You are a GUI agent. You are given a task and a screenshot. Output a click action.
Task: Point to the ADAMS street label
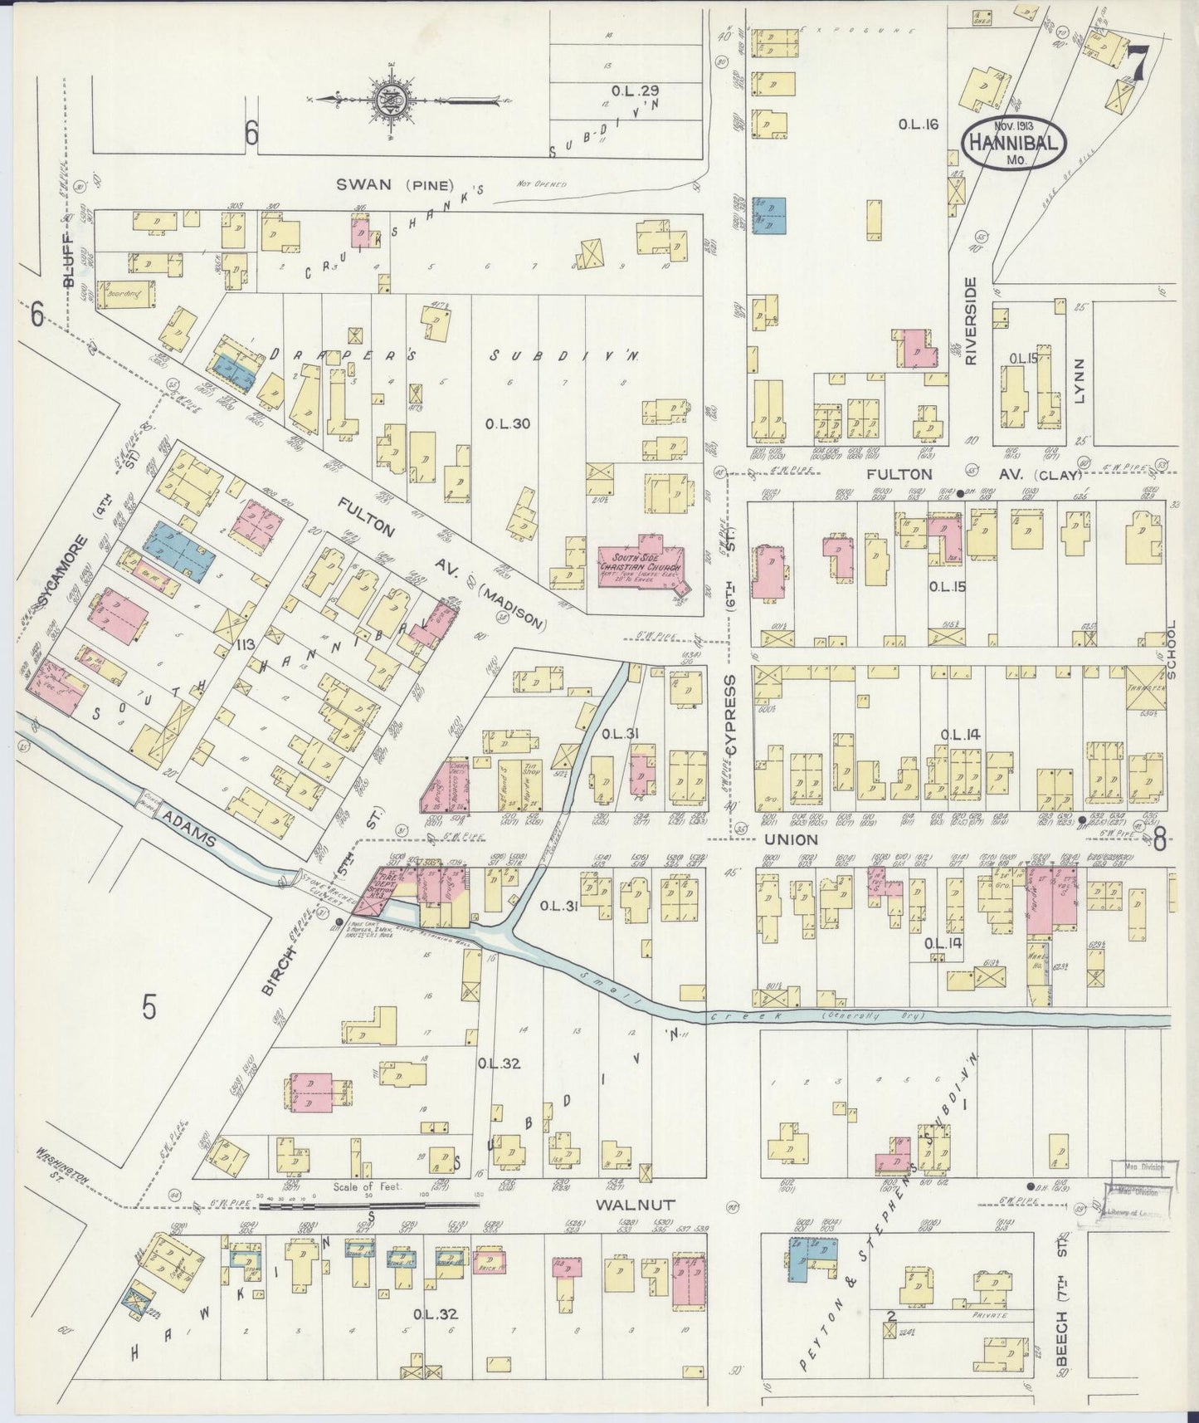(190, 831)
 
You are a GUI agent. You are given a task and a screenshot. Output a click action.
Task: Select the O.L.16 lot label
(918, 125)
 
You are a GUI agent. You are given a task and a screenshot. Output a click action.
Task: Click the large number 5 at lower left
(149, 1006)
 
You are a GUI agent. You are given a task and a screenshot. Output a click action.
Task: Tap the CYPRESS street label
(730, 714)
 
